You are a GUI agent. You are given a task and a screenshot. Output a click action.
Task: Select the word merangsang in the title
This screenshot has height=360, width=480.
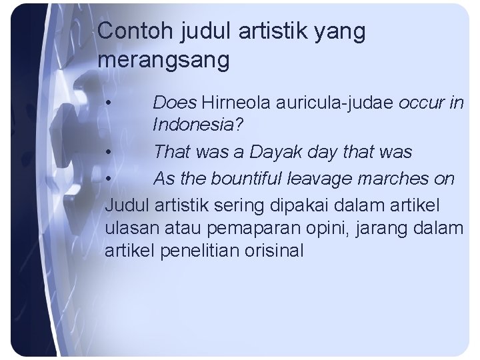pos(163,61)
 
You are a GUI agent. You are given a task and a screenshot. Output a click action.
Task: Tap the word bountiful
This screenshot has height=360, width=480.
pos(256,179)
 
